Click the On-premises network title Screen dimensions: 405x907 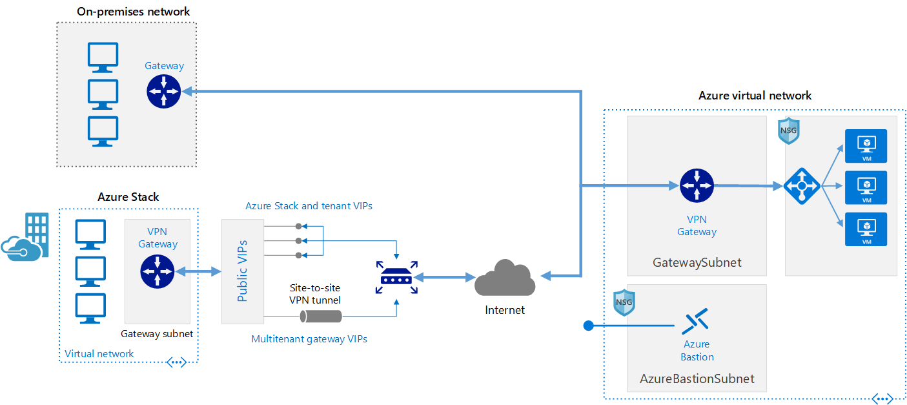pos(133,12)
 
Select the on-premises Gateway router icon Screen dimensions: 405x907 pos(164,91)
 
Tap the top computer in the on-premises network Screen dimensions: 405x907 pos(103,57)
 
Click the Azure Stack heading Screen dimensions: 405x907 pos(128,197)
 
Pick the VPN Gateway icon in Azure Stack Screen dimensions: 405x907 pos(158,271)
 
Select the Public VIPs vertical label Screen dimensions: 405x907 pos(243,271)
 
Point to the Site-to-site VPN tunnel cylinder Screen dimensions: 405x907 pos(321,316)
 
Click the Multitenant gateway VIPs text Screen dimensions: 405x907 pos(309,338)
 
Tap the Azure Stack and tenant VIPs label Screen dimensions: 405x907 pos(309,206)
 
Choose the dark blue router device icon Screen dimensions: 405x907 pos(396,277)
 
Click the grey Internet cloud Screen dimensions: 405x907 pos(505,279)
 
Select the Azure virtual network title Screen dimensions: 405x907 pos(755,96)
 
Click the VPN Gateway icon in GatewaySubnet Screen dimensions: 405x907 pos(697,185)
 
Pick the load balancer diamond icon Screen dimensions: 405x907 pos(802,187)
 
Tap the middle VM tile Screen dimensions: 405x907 pos(866,187)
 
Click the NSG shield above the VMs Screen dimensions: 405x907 pos(788,131)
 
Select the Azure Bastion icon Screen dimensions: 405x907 pos(695,321)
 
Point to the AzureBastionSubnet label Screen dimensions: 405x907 pos(697,379)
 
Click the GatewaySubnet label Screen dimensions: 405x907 pos(697,263)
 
